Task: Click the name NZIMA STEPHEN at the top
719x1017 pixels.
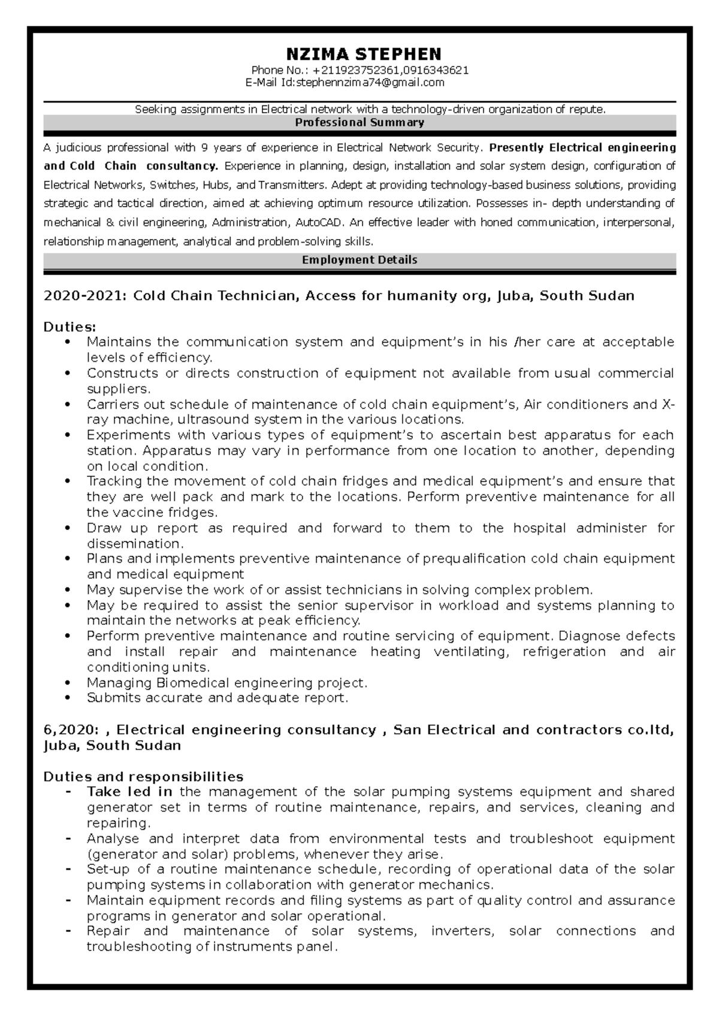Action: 364,54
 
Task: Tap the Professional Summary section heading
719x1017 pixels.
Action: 359,123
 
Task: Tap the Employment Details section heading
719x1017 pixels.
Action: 359,260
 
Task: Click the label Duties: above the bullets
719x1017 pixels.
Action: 70,327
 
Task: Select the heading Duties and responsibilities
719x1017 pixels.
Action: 143,777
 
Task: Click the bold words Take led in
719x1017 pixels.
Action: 129,792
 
